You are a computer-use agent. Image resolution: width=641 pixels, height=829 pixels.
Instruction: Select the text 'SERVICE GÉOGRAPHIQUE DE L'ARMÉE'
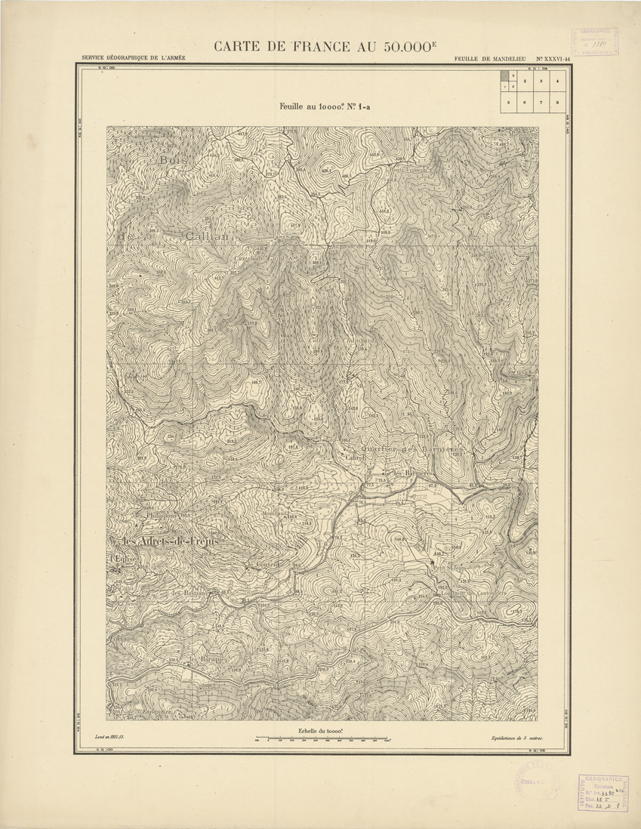[133, 59]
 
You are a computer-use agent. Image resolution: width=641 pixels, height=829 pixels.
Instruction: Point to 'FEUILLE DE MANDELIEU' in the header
[490, 59]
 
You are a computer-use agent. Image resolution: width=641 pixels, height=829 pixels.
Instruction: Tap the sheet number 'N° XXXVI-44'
[553, 59]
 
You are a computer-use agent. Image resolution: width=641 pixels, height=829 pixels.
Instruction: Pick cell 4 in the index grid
[556, 80]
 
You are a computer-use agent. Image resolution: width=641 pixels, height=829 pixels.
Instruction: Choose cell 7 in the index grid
[541, 101]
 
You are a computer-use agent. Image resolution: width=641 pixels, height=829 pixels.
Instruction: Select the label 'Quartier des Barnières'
[412, 448]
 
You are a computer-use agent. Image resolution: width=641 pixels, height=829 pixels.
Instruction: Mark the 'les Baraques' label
[208, 660]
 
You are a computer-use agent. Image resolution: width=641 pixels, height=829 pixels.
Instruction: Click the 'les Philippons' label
[156, 516]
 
